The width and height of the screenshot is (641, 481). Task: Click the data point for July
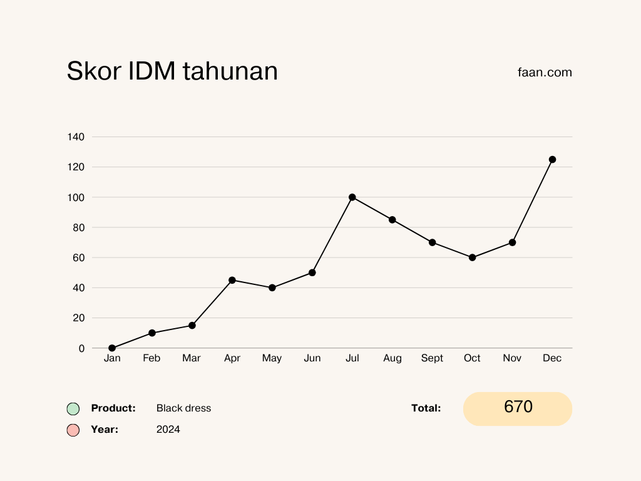click(352, 197)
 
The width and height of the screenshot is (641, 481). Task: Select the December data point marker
click(552, 160)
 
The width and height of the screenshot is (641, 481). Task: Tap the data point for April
click(232, 280)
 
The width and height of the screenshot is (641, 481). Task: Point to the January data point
click(112, 348)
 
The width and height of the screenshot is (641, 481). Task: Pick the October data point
click(473, 257)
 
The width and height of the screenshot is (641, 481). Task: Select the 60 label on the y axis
click(79, 257)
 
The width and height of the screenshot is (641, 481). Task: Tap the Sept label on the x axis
click(432, 358)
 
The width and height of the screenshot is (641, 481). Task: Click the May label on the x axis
click(272, 358)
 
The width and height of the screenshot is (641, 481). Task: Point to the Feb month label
click(151, 358)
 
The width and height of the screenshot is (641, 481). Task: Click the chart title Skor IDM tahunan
click(172, 71)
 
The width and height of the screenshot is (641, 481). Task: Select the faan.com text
click(545, 72)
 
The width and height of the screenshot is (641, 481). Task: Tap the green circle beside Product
click(73, 409)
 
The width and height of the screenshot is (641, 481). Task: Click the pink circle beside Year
click(73, 430)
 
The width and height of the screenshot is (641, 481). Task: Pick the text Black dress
click(183, 408)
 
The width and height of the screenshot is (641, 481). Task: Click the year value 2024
click(168, 430)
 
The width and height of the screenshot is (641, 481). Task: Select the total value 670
click(518, 407)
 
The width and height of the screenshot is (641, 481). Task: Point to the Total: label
click(426, 408)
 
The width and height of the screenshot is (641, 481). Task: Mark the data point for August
click(392, 220)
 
